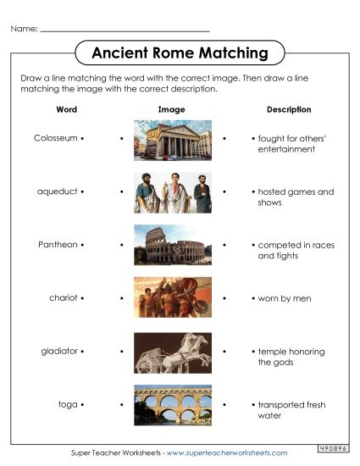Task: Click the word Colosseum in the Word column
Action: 56,137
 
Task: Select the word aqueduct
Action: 57,191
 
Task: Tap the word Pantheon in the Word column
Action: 58,245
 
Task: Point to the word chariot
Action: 63,298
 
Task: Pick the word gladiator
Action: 59,351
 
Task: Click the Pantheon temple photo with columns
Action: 173,141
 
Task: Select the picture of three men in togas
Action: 173,192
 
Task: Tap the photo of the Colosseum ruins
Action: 173,245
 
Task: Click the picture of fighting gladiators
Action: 173,297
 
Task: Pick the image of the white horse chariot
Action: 173,352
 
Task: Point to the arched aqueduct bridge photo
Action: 173,405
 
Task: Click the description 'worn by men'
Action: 285,298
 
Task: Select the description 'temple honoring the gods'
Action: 291,357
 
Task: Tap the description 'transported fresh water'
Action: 294,410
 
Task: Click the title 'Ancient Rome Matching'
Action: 179,53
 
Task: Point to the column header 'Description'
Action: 289,109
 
